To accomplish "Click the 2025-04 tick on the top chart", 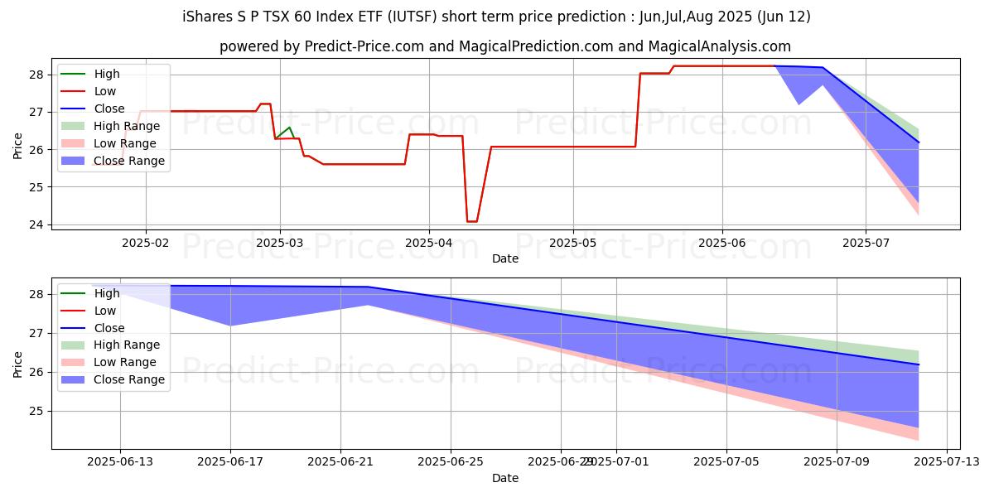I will pyautogui.click(x=429, y=244).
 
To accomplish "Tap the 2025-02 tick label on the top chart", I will pyautogui.click(x=146, y=244).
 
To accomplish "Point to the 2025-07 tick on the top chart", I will pyautogui.click(x=866, y=244).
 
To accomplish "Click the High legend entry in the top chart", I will pyautogui.click(x=107, y=74).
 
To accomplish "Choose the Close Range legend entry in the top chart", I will pyautogui.click(x=129, y=161).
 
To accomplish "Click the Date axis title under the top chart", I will pyautogui.click(x=505, y=258).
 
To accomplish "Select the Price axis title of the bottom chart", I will pyautogui.click(x=18, y=363).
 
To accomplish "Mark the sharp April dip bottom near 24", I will pyautogui.click(x=471, y=221).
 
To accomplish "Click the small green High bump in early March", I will pyautogui.click(x=289, y=128).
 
